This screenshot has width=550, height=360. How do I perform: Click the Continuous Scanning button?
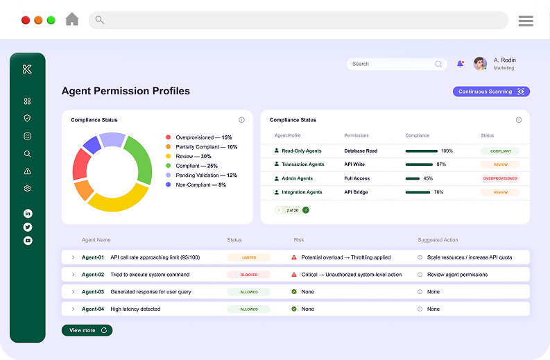pyautogui.click(x=491, y=92)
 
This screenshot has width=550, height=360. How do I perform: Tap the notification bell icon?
pyautogui.click(x=460, y=64)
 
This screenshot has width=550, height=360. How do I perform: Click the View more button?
pyautogui.click(x=87, y=330)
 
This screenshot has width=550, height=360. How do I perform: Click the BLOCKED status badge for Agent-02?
pyautogui.click(x=248, y=275)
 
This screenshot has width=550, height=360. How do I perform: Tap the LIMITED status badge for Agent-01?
pyautogui.click(x=248, y=257)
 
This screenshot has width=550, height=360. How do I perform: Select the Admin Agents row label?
pyautogui.click(x=297, y=178)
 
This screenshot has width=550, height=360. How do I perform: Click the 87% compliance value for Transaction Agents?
pyautogui.click(x=441, y=164)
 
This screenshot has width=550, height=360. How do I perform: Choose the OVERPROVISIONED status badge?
pyautogui.click(x=500, y=178)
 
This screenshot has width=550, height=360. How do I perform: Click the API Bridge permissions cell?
pyautogui.click(x=357, y=192)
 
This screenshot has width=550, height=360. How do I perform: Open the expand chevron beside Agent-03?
pyautogui.click(x=73, y=292)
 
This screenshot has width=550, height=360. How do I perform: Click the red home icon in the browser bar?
pyautogui.click(x=72, y=19)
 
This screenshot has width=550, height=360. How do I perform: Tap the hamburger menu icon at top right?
pyautogui.click(x=526, y=21)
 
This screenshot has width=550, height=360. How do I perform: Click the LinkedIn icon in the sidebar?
pyautogui.click(x=28, y=214)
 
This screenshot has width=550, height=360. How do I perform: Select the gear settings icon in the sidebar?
pyautogui.click(x=28, y=189)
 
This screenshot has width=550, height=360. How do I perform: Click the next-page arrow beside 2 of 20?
pyautogui.click(x=306, y=209)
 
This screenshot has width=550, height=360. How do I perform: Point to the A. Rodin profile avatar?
pyautogui.click(x=480, y=64)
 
